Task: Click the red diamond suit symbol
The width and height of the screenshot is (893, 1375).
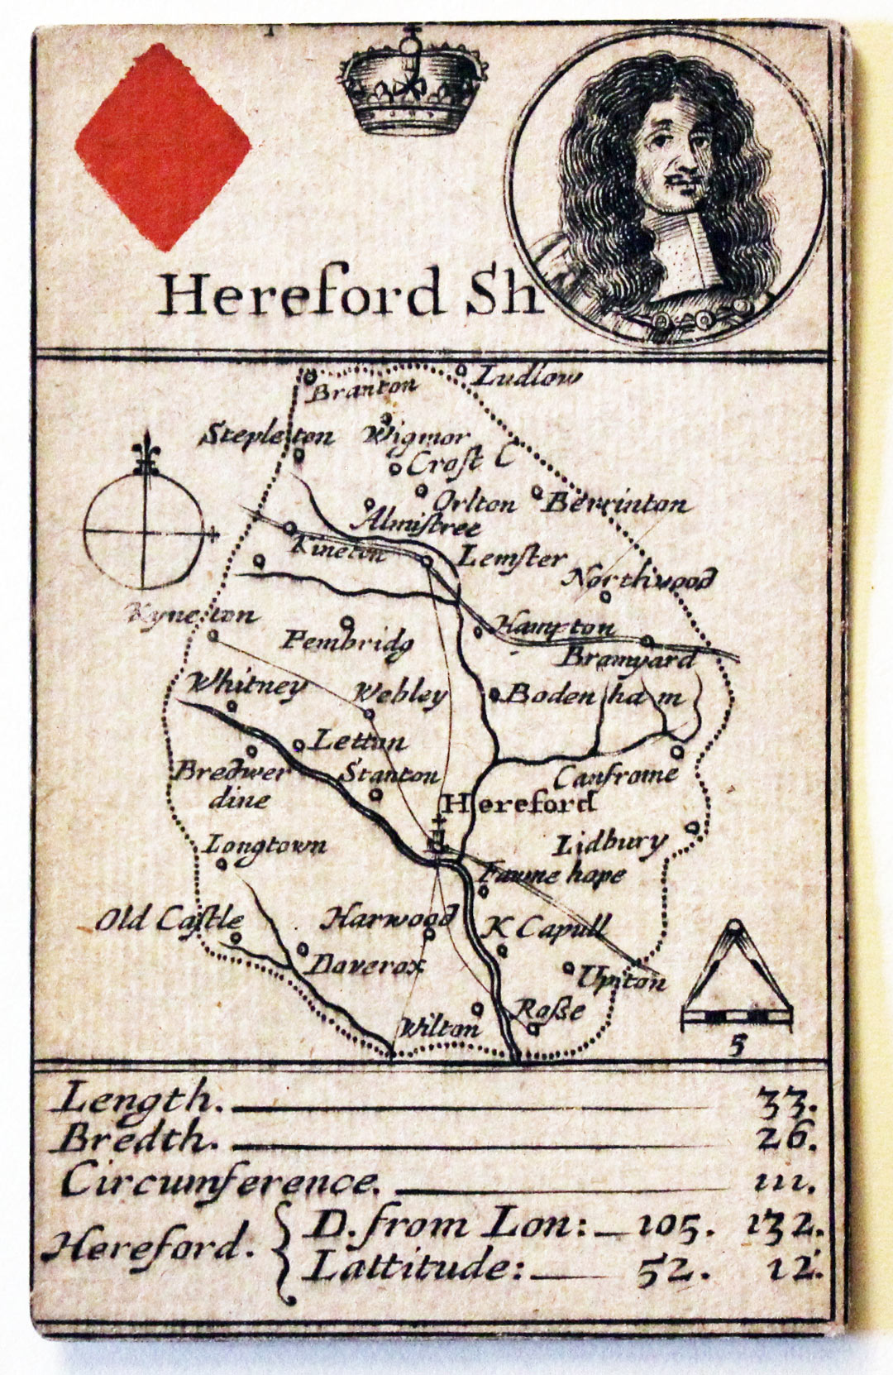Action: pyautogui.click(x=163, y=147)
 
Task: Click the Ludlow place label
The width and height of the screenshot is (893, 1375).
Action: pyautogui.click(x=528, y=377)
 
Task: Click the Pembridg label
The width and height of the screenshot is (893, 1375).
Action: pyautogui.click(x=347, y=641)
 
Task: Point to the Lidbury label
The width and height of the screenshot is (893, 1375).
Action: pyautogui.click(x=609, y=844)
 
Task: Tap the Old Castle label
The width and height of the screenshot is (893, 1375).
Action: pyautogui.click(x=170, y=919)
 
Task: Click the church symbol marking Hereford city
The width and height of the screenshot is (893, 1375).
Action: pyautogui.click(x=437, y=836)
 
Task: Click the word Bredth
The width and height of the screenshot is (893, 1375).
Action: pyautogui.click(x=136, y=1140)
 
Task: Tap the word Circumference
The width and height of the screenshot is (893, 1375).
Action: pyautogui.click(x=219, y=1181)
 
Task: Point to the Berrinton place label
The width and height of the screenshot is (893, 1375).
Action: pyautogui.click(x=617, y=502)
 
